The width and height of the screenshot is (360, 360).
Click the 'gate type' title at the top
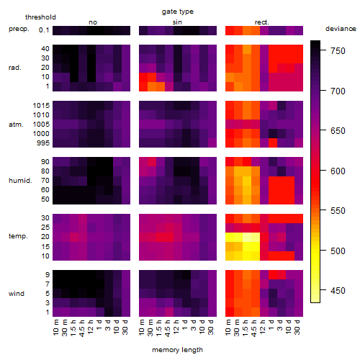[x=178, y=12]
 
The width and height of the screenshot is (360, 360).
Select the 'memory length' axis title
[x=177, y=350]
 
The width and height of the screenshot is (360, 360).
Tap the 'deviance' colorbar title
[x=341, y=29]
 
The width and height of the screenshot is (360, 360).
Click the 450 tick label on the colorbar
[x=338, y=290]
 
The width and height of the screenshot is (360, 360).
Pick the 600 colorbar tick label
[x=338, y=171]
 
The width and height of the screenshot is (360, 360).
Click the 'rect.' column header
[x=261, y=22]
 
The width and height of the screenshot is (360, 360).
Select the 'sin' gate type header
[x=177, y=22]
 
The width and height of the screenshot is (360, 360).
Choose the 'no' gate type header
[x=93, y=22]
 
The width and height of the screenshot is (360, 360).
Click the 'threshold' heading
[x=40, y=17]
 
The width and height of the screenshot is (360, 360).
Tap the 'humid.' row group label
[x=20, y=181]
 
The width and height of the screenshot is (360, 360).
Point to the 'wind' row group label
[x=17, y=294]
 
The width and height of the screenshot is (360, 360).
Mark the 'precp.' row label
[x=19, y=29]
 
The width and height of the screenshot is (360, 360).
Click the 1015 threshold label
[x=41, y=105]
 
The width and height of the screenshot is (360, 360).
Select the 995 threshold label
[x=43, y=143]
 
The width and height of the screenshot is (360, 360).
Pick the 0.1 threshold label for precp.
[x=44, y=30]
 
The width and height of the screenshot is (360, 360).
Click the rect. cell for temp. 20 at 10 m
[x=230, y=237]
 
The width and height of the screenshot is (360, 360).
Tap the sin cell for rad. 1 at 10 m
[x=143, y=86]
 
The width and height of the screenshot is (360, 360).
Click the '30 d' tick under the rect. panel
[x=297, y=327]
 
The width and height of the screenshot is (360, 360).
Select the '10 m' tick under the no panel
[x=55, y=327]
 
